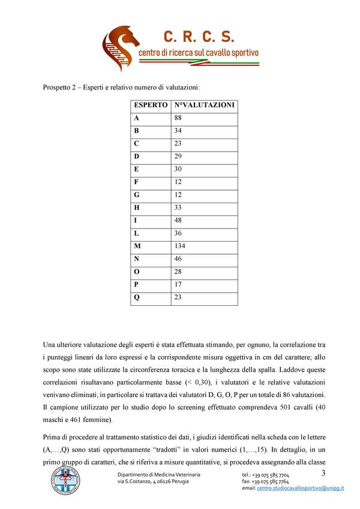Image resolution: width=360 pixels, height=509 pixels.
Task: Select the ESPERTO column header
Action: click(151, 105)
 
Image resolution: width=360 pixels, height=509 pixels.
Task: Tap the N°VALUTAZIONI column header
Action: click(204, 105)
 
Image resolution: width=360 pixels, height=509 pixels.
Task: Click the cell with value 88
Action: click(178, 118)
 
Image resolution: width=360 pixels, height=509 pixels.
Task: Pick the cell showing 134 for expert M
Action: click(180, 246)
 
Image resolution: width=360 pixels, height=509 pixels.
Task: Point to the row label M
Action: click(137, 246)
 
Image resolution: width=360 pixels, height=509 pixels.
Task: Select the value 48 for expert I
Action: click(178, 220)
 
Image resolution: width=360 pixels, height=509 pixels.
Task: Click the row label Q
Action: click(137, 297)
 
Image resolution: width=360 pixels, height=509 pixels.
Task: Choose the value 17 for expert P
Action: click(178, 284)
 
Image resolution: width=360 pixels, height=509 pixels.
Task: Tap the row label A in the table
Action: click(137, 118)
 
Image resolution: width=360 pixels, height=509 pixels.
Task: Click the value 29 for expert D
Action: click(178, 156)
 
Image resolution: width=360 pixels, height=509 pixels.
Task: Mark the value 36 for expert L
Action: click(178, 233)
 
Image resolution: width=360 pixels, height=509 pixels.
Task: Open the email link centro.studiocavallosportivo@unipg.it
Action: click(300, 489)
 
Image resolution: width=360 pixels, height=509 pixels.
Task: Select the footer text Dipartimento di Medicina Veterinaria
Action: click(158, 475)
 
